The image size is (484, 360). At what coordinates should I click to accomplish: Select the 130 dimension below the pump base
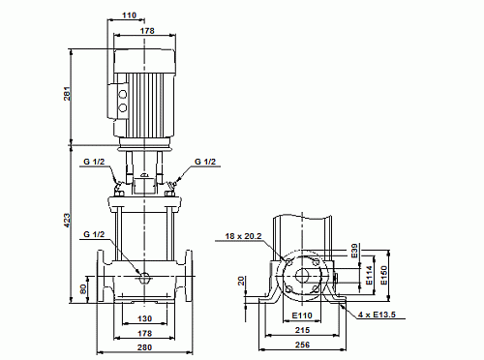[143, 318]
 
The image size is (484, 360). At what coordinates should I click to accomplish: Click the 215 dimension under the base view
[303, 330]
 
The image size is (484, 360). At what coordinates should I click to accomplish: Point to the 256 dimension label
[303, 345]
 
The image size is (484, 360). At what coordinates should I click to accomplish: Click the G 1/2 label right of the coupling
[206, 161]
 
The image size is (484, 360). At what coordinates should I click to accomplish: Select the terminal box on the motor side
[123, 96]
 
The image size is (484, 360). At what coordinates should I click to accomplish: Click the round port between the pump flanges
[143, 276]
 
